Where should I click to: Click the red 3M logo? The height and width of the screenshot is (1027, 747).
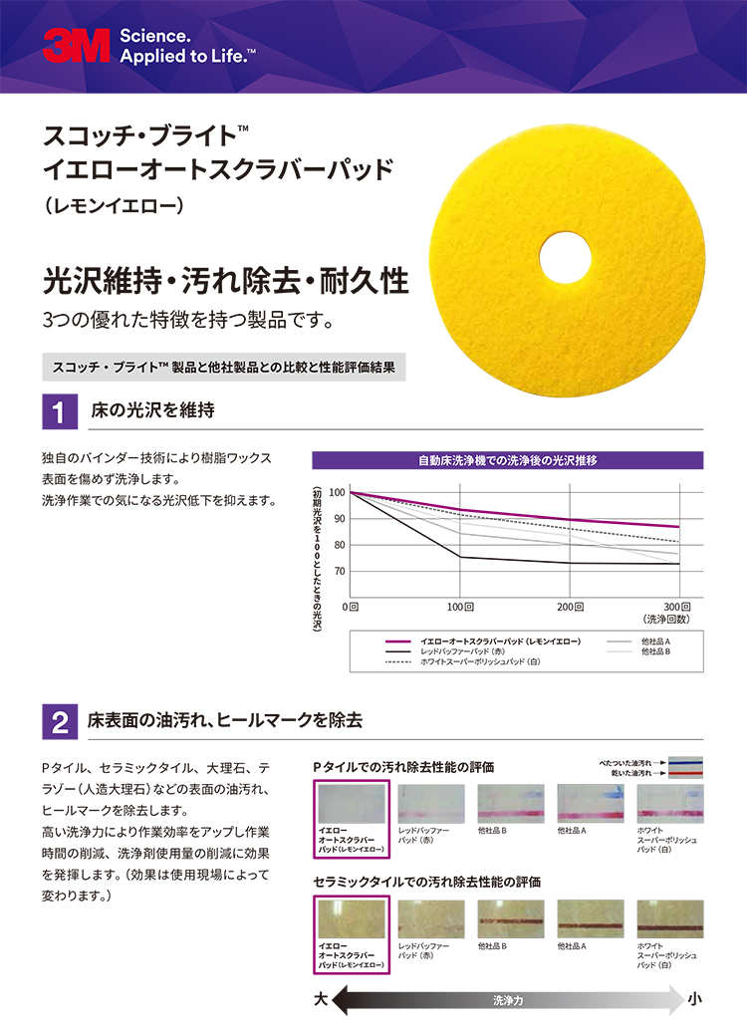(76, 46)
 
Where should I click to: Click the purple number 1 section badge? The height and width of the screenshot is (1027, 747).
(59, 412)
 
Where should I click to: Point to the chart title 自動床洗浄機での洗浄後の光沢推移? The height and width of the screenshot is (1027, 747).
(507, 460)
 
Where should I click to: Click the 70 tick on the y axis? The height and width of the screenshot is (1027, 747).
(339, 572)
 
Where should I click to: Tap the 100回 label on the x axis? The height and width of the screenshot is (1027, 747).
(459, 607)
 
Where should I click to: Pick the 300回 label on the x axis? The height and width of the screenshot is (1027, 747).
(677, 607)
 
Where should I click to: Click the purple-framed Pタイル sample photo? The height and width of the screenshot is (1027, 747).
(352, 804)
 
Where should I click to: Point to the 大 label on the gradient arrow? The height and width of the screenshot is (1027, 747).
(321, 997)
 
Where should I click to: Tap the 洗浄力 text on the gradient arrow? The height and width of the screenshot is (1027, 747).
(507, 998)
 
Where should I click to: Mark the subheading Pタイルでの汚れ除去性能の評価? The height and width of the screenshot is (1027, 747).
(403, 766)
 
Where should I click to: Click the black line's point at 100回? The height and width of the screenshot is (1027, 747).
(459, 557)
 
